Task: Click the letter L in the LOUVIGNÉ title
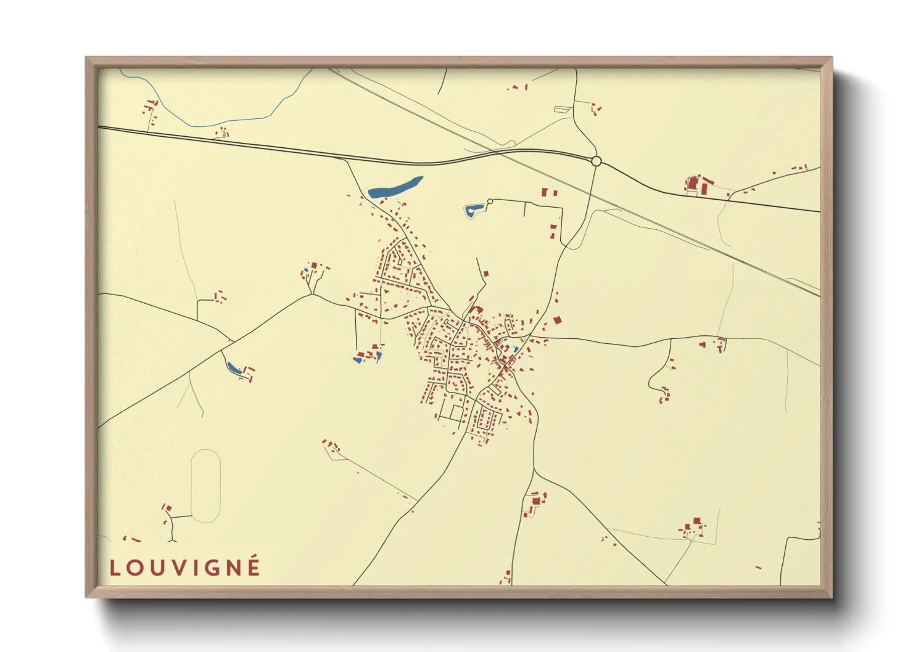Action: click(x=115, y=568)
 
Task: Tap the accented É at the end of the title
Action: click(x=253, y=566)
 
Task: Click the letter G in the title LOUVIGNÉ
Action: click(x=211, y=568)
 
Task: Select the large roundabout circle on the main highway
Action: click(x=596, y=161)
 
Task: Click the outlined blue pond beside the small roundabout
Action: click(x=473, y=211)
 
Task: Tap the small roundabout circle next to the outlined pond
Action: click(x=490, y=202)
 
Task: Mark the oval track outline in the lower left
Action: click(x=205, y=486)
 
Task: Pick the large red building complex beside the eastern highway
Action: click(x=698, y=184)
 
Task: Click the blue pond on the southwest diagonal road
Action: click(x=234, y=369)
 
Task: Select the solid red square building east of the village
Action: click(x=558, y=320)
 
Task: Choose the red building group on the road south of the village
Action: click(x=534, y=502)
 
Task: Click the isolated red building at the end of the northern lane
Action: click(x=485, y=273)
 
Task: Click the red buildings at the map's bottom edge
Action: click(x=506, y=578)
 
